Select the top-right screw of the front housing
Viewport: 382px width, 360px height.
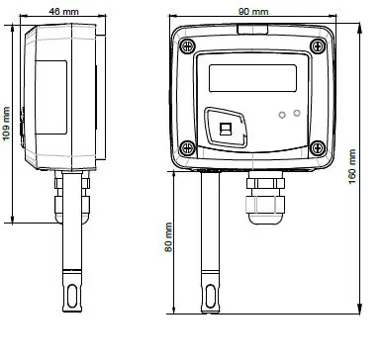tap(316, 43)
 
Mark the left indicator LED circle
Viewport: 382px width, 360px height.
tap(283, 115)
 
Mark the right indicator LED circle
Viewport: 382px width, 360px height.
tap(298, 115)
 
